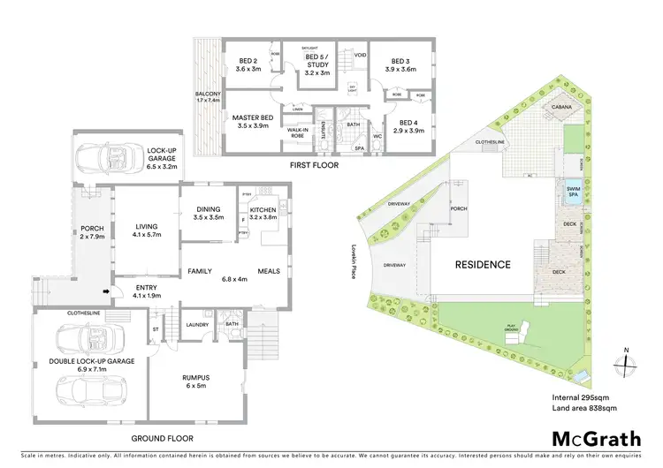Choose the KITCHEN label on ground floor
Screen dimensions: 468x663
[263, 209]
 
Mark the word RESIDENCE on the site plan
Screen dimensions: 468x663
[483, 264]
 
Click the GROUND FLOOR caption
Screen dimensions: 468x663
[163, 438]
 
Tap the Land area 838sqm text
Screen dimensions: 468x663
[579, 407]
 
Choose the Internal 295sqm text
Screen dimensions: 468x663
[576, 396]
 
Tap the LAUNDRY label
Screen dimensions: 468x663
[196, 324]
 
